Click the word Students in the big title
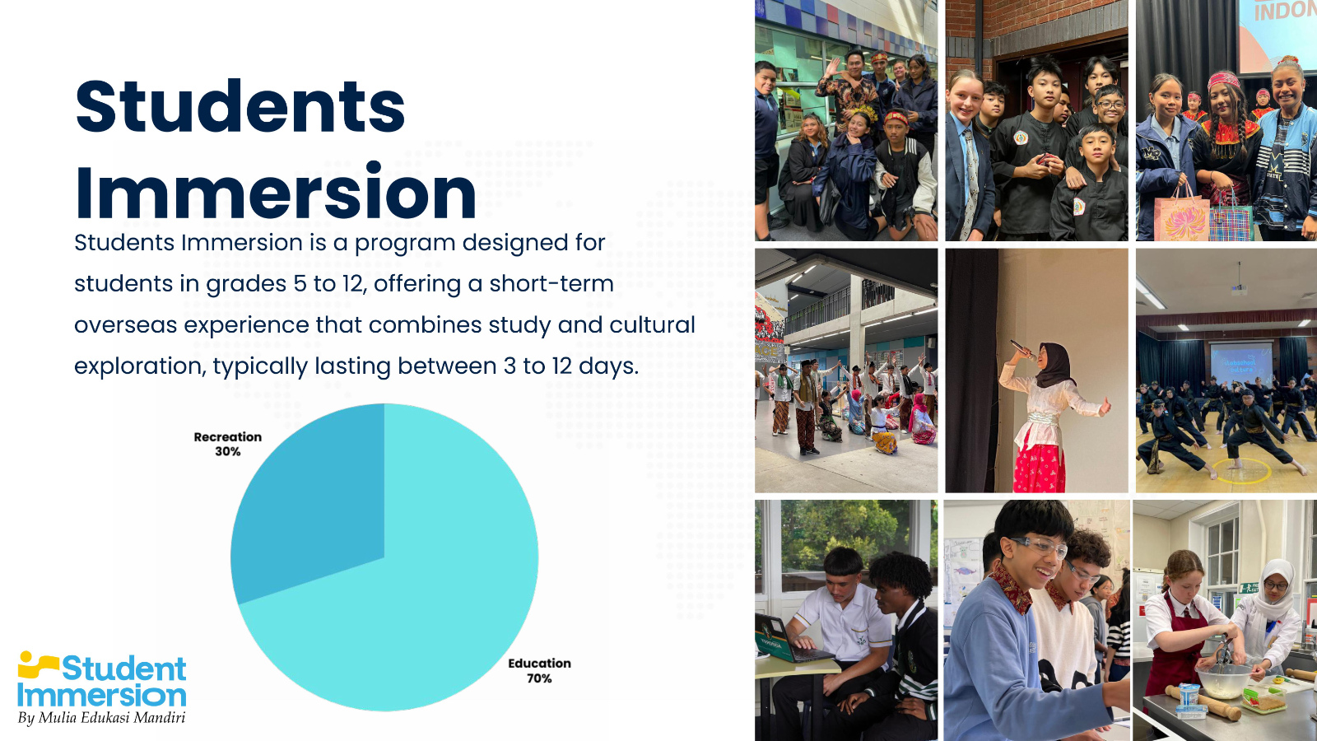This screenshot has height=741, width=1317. (x=240, y=106)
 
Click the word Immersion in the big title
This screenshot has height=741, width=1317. (x=276, y=193)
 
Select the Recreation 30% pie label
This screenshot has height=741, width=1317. (x=227, y=444)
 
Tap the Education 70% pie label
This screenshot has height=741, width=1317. (x=539, y=670)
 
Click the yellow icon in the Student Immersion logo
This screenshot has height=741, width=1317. (x=36, y=664)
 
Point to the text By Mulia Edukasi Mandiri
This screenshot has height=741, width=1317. (x=102, y=718)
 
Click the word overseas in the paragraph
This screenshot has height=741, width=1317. (x=125, y=325)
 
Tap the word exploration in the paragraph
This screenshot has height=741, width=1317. (x=139, y=366)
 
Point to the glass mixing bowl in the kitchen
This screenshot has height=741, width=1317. (x=1223, y=680)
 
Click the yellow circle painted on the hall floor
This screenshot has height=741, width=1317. (x=1242, y=471)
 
